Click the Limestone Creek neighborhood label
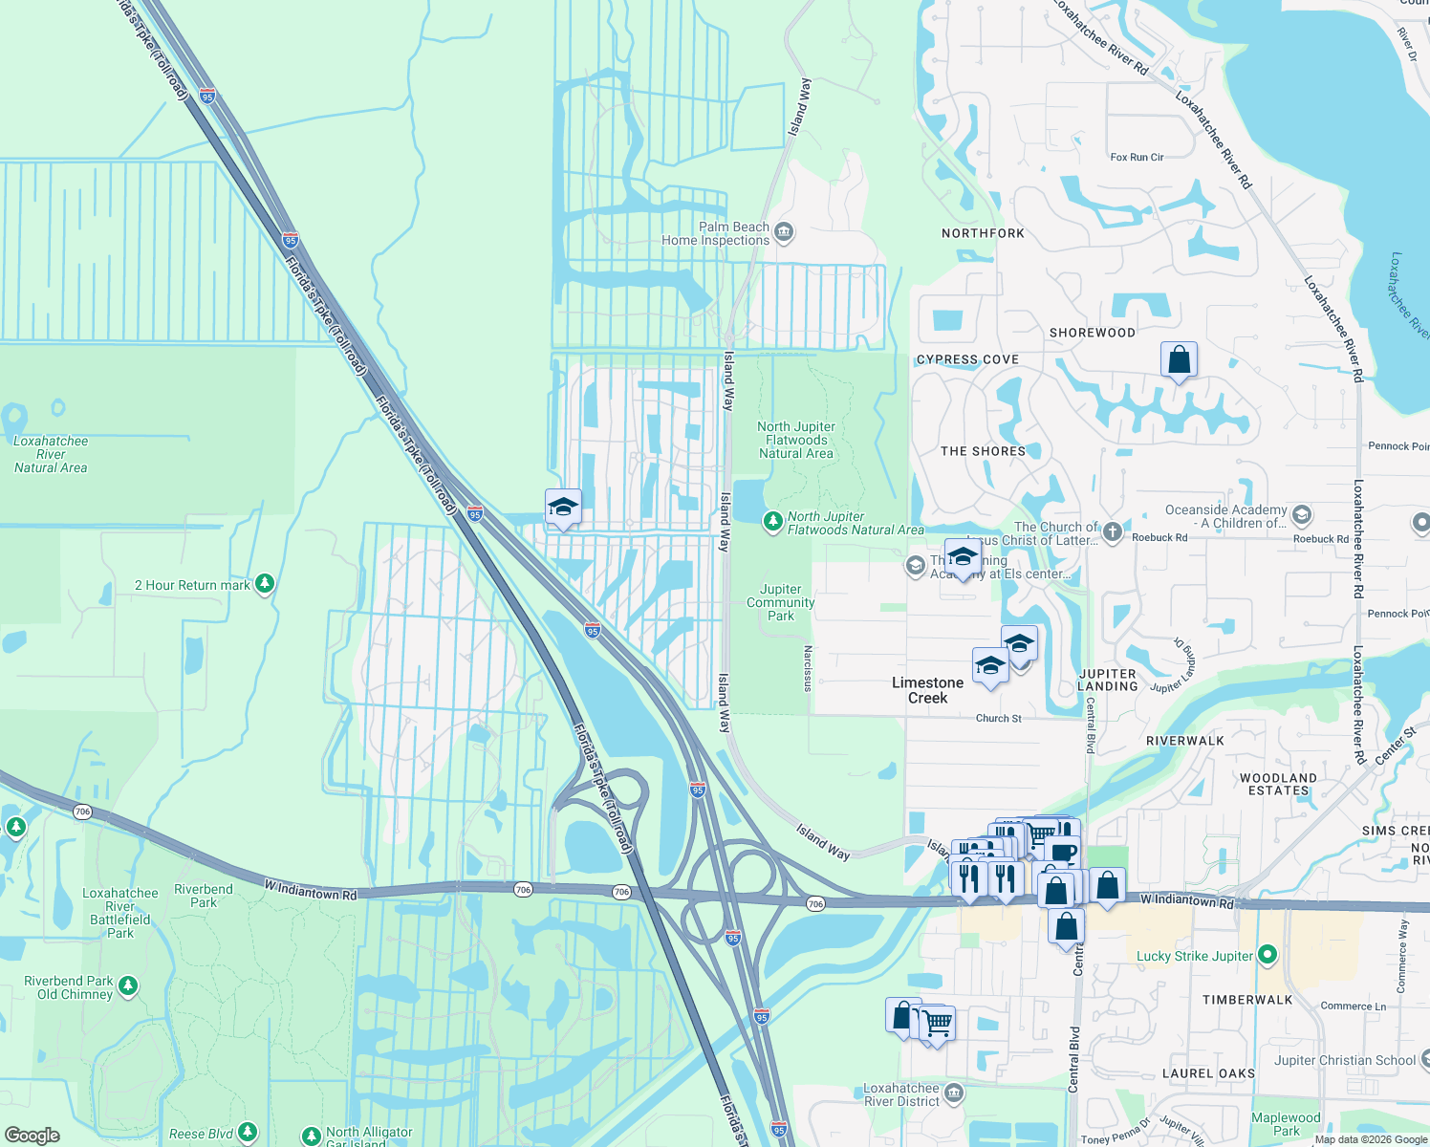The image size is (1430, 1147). pyautogui.click(x=927, y=690)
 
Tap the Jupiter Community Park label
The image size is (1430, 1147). pyautogui.click(x=781, y=603)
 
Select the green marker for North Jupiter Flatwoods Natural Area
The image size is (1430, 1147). pyautogui.click(x=772, y=522)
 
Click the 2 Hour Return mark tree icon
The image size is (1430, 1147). pyautogui.click(x=265, y=583)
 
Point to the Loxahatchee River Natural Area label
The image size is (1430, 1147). pyautogui.click(x=51, y=455)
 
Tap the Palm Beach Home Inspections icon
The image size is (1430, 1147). pyautogui.click(x=784, y=231)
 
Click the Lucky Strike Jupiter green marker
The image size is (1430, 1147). pyautogui.click(x=1267, y=954)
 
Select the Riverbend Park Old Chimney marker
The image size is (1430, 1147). pyautogui.click(x=128, y=985)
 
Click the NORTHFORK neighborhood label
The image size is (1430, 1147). pyautogui.click(x=983, y=233)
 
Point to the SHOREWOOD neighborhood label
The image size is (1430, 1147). pyautogui.click(x=1093, y=333)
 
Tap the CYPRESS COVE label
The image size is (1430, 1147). pyautogui.click(x=967, y=359)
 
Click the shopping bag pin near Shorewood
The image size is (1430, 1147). pyautogui.click(x=1180, y=360)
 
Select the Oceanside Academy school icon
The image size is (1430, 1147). pyautogui.click(x=1301, y=516)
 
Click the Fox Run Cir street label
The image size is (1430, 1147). pyautogui.click(x=1137, y=157)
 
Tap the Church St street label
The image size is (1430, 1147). pyautogui.click(x=998, y=719)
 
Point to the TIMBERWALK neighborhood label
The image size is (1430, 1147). pyautogui.click(x=1247, y=1000)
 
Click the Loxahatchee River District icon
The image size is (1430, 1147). pyautogui.click(x=953, y=1093)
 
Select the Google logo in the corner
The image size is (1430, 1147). pyautogui.click(x=32, y=1136)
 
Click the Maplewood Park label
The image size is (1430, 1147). pyautogui.click(x=1286, y=1124)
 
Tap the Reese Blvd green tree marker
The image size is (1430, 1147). pyautogui.click(x=248, y=1133)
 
